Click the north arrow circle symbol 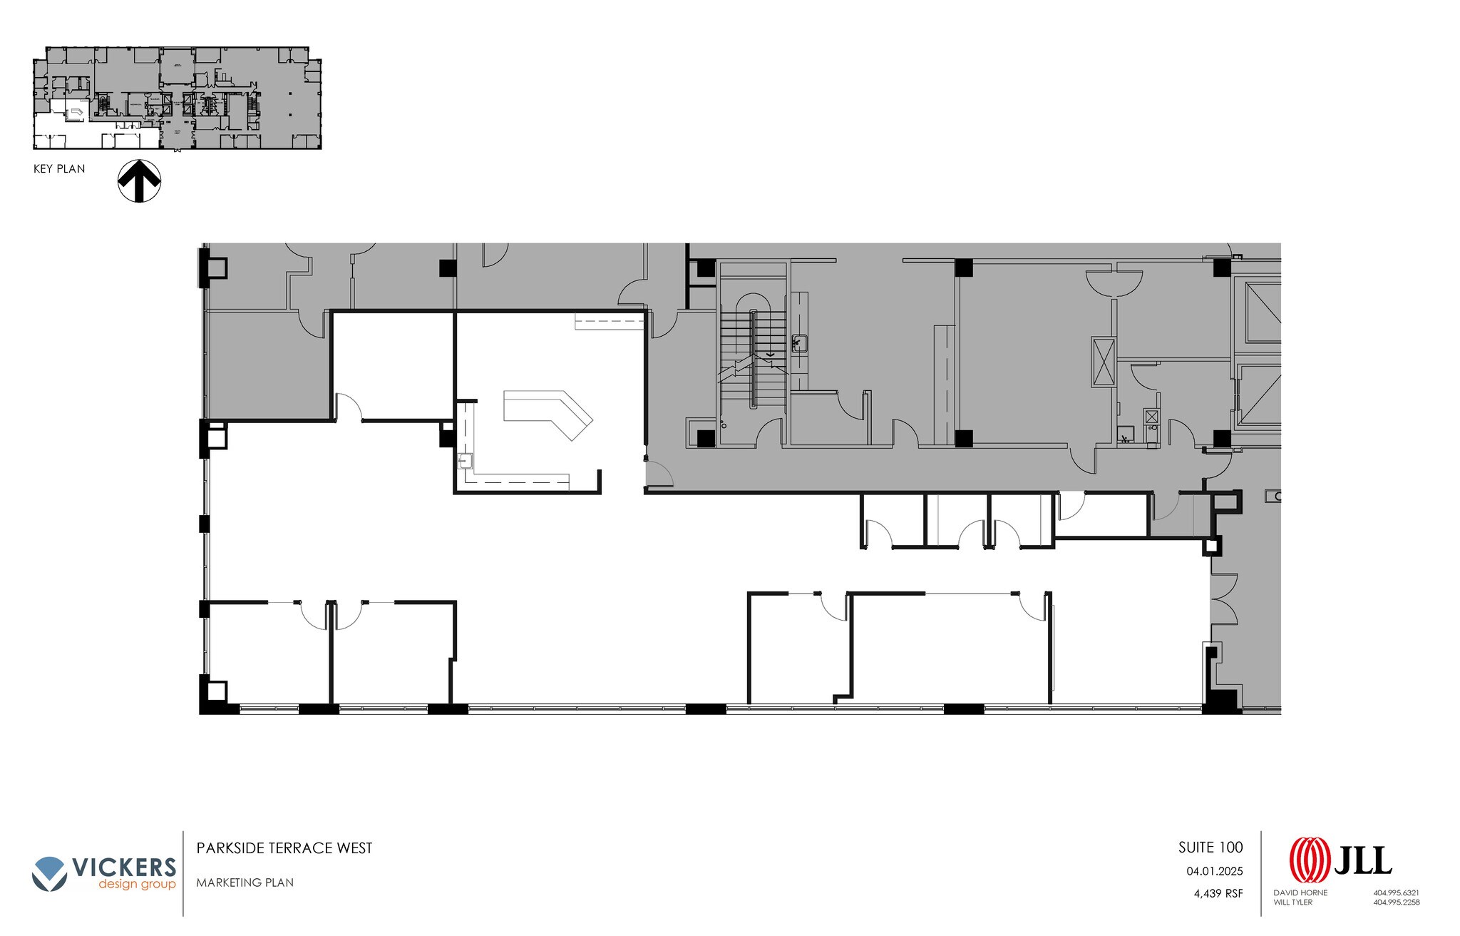139,180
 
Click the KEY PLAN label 59,169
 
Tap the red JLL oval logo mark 1310,860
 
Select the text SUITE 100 1210,848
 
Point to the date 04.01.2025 1214,871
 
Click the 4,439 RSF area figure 1218,892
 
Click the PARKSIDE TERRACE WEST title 284,848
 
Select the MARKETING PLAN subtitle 245,882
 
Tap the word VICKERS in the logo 124,868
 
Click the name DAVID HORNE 1300,892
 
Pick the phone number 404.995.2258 1397,902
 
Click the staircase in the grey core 752,357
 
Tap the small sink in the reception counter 466,461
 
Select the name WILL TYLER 1292,902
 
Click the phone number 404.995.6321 1397,892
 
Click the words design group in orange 137,885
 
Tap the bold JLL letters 1362,860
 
